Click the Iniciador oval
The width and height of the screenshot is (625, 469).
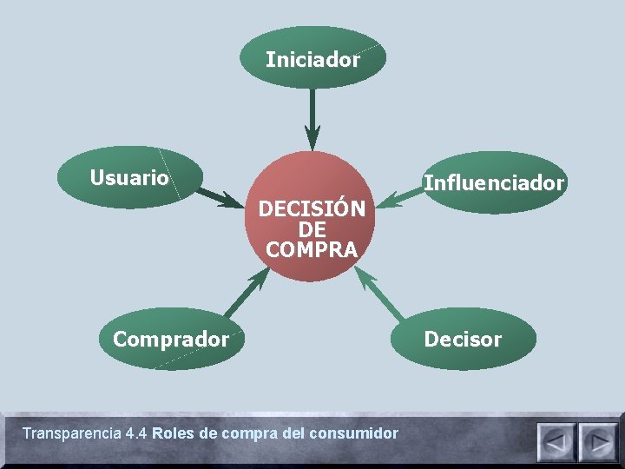[x=312, y=58]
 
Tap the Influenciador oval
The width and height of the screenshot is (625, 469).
[x=494, y=183]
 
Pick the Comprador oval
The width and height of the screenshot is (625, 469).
[x=171, y=339]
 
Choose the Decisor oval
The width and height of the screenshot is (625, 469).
[x=463, y=339]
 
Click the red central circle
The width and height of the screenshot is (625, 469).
[x=310, y=216]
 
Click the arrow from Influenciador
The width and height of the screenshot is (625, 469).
[x=402, y=198]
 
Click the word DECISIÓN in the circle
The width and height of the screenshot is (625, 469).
[x=312, y=210]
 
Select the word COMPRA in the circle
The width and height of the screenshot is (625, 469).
[x=312, y=250]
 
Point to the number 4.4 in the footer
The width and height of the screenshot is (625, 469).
[x=136, y=433]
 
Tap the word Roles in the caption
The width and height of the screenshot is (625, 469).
[x=173, y=433]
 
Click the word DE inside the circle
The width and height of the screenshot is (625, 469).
[x=312, y=230]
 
